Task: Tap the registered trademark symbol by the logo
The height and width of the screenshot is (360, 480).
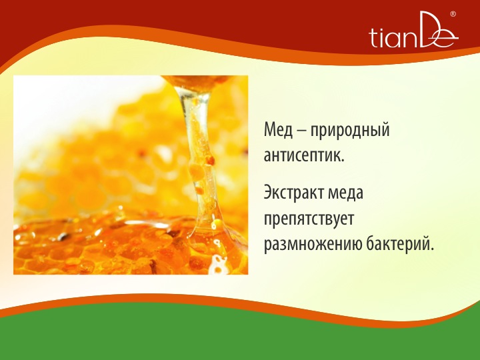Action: click(x=453, y=14)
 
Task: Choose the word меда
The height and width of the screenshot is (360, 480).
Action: click(x=345, y=193)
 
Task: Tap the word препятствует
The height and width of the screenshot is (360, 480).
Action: click(x=309, y=219)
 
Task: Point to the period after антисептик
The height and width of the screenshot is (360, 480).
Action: click(x=343, y=161)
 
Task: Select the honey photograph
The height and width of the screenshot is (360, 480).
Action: click(x=131, y=175)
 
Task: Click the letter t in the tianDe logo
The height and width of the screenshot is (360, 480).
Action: click(x=373, y=38)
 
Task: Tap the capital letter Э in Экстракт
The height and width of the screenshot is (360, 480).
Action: click(x=268, y=192)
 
